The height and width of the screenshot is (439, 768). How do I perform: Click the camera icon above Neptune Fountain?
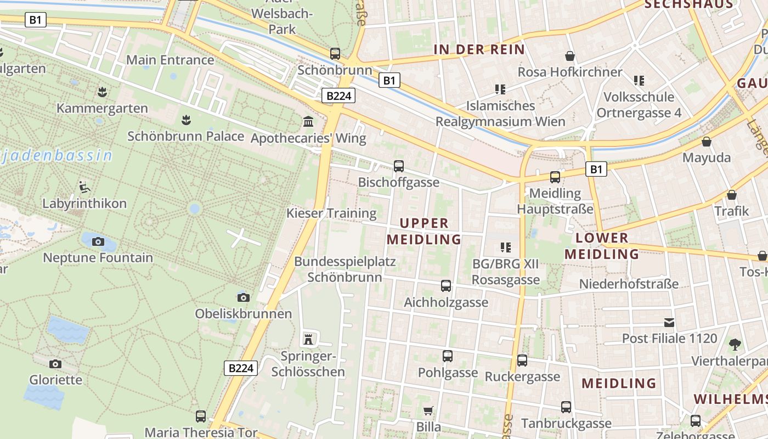click(98, 241)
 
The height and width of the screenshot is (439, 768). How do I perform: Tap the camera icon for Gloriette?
click(55, 364)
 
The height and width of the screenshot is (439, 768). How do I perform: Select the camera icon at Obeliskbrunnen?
click(244, 297)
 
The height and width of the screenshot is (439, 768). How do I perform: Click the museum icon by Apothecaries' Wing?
click(309, 121)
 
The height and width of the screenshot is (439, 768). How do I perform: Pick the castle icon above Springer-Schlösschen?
click(309, 339)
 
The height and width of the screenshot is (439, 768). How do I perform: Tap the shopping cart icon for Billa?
click(428, 411)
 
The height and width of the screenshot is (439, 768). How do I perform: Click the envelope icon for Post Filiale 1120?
click(669, 322)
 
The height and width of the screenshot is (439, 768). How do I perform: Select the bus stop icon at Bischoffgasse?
click(399, 166)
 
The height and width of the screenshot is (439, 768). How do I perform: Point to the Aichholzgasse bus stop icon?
click(446, 286)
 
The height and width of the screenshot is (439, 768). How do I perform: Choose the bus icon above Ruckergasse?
click(522, 361)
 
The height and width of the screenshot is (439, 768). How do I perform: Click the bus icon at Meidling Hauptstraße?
click(555, 177)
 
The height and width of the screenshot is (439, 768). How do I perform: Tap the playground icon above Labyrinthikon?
click(84, 187)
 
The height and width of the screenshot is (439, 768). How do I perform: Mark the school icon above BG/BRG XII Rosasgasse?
click(506, 247)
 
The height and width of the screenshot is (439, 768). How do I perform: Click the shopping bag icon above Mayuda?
click(707, 142)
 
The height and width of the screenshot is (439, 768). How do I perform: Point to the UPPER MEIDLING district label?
click(424, 231)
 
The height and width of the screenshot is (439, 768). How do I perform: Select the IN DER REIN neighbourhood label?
click(479, 49)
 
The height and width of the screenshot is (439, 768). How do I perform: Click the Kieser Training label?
click(331, 213)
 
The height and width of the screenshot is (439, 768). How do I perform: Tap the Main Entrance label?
click(170, 60)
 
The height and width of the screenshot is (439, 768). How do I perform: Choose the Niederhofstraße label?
click(629, 284)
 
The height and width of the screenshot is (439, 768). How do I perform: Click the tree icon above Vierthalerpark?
click(735, 345)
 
